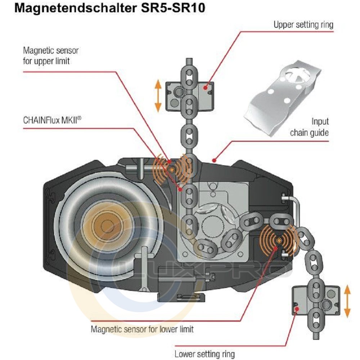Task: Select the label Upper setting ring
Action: click(303, 25)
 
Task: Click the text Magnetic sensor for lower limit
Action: click(142, 329)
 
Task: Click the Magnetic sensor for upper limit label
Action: click(50, 55)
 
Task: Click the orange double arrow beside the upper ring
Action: click(158, 96)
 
